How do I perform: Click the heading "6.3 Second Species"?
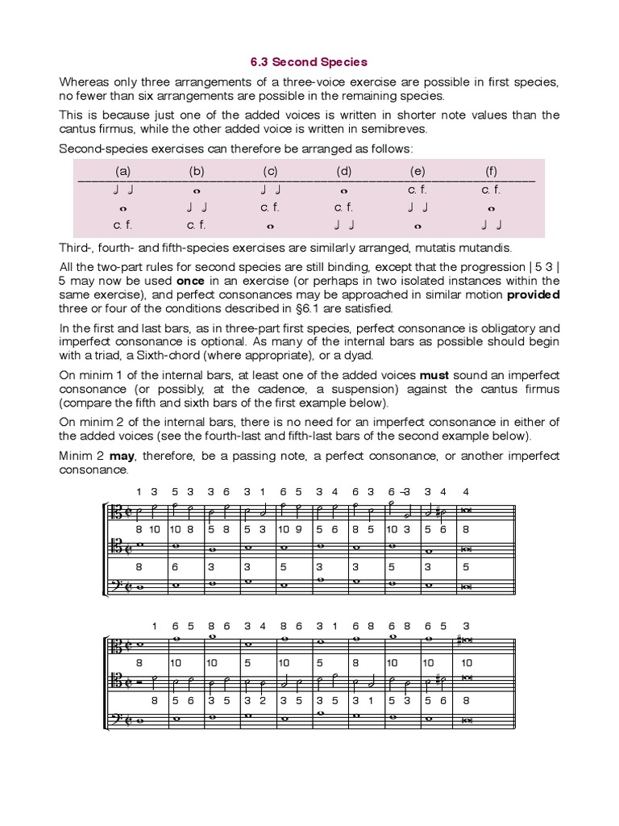[x=309, y=60]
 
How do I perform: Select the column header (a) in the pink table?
[x=123, y=171]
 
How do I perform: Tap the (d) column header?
[x=344, y=171]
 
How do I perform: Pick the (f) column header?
[x=491, y=171]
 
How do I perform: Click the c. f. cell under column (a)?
[x=123, y=225]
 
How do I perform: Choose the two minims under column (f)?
[x=491, y=225]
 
